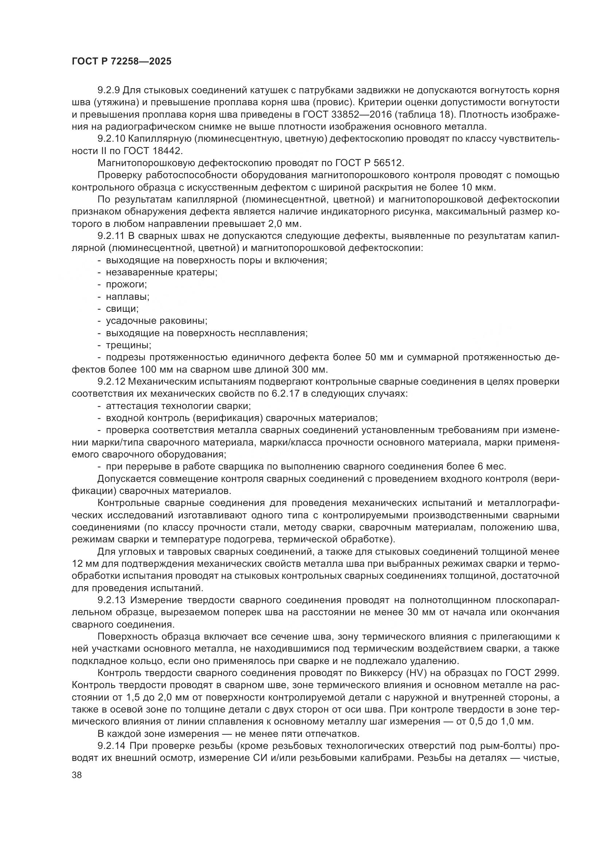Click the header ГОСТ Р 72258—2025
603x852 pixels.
point(121,62)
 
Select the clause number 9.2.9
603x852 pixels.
point(108,90)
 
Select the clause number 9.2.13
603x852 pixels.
point(111,600)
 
